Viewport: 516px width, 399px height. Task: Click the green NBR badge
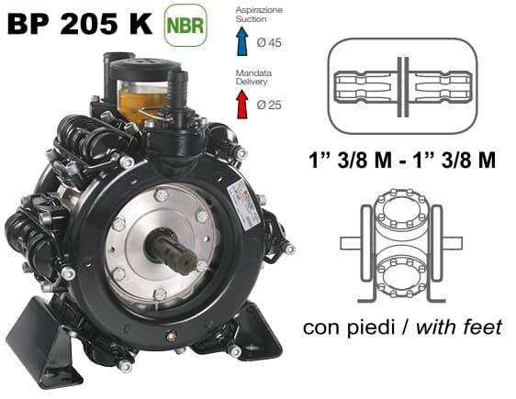click(185, 26)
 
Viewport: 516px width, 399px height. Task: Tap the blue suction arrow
click(242, 41)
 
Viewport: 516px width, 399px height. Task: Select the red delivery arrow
click(242, 105)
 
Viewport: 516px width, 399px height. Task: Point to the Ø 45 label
click(269, 43)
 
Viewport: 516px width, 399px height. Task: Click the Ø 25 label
click(269, 105)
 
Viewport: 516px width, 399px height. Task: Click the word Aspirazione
click(259, 10)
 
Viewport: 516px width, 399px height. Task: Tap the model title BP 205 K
click(80, 24)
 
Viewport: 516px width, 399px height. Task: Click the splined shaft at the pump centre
click(174, 249)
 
